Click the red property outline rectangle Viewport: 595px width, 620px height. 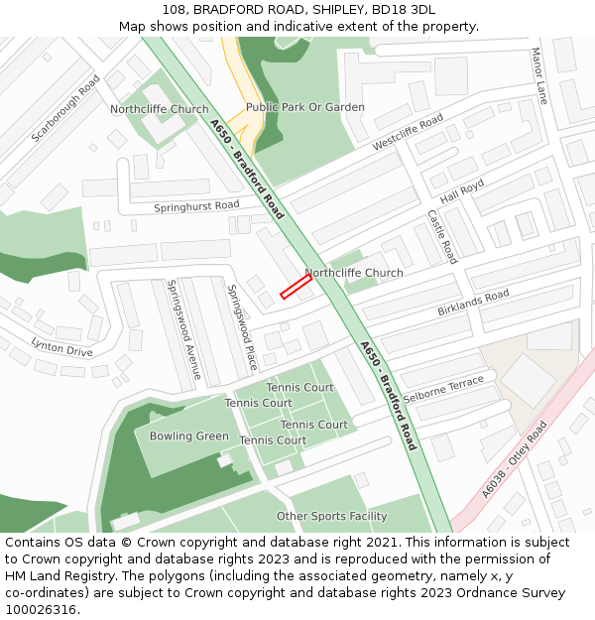[x=296, y=286]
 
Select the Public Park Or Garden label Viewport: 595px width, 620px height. [x=304, y=107]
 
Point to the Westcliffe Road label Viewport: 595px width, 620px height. [x=408, y=133]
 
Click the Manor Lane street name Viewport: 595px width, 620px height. [x=538, y=75]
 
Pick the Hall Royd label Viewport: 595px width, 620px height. [x=462, y=191]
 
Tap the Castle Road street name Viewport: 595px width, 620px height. [x=441, y=236]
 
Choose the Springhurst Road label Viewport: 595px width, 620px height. [x=196, y=206]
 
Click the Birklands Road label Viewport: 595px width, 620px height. [x=473, y=303]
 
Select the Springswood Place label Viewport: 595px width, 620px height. [x=242, y=327]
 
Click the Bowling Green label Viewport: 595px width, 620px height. [x=188, y=436]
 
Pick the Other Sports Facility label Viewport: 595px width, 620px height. [x=331, y=516]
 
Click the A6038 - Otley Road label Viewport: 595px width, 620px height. [x=514, y=459]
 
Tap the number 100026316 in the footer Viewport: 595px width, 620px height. [x=43, y=610]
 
